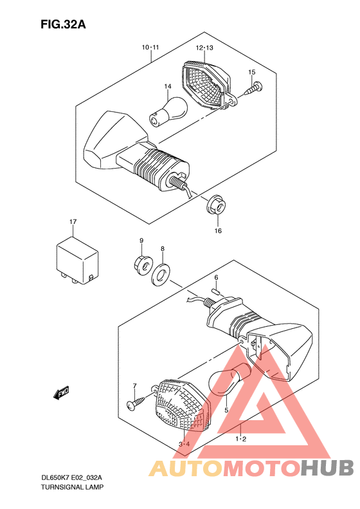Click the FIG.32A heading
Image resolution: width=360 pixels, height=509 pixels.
point(63,24)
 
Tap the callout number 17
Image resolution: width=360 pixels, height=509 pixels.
point(73,222)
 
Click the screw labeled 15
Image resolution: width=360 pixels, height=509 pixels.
point(254,88)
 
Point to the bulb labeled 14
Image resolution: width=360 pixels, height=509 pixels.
point(168,111)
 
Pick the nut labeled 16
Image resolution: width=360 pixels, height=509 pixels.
point(217,205)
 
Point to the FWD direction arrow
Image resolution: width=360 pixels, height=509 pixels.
point(61,393)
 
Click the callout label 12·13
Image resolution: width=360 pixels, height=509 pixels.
point(204,48)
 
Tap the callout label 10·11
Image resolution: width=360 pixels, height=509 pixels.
point(150,48)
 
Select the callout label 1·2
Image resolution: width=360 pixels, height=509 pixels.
point(240,440)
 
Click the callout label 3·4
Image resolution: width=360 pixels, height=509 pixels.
point(184,445)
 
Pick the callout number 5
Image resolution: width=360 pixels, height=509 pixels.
point(226,411)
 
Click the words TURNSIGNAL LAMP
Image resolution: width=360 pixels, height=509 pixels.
point(73,487)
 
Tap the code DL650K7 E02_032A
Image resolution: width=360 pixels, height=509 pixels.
point(71,477)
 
